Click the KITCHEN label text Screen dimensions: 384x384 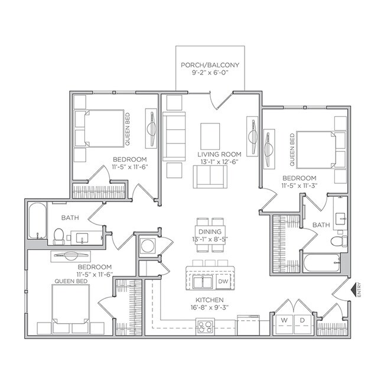pyautogui.click(x=211, y=301)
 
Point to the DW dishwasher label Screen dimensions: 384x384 pyautogui.click(x=223, y=282)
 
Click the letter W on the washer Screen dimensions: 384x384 pyautogui.click(x=284, y=320)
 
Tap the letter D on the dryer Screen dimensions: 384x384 pyautogui.click(x=302, y=320)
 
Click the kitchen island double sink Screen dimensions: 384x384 pyautogui.click(x=204, y=282)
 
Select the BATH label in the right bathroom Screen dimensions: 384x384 pyautogui.click(x=321, y=225)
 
